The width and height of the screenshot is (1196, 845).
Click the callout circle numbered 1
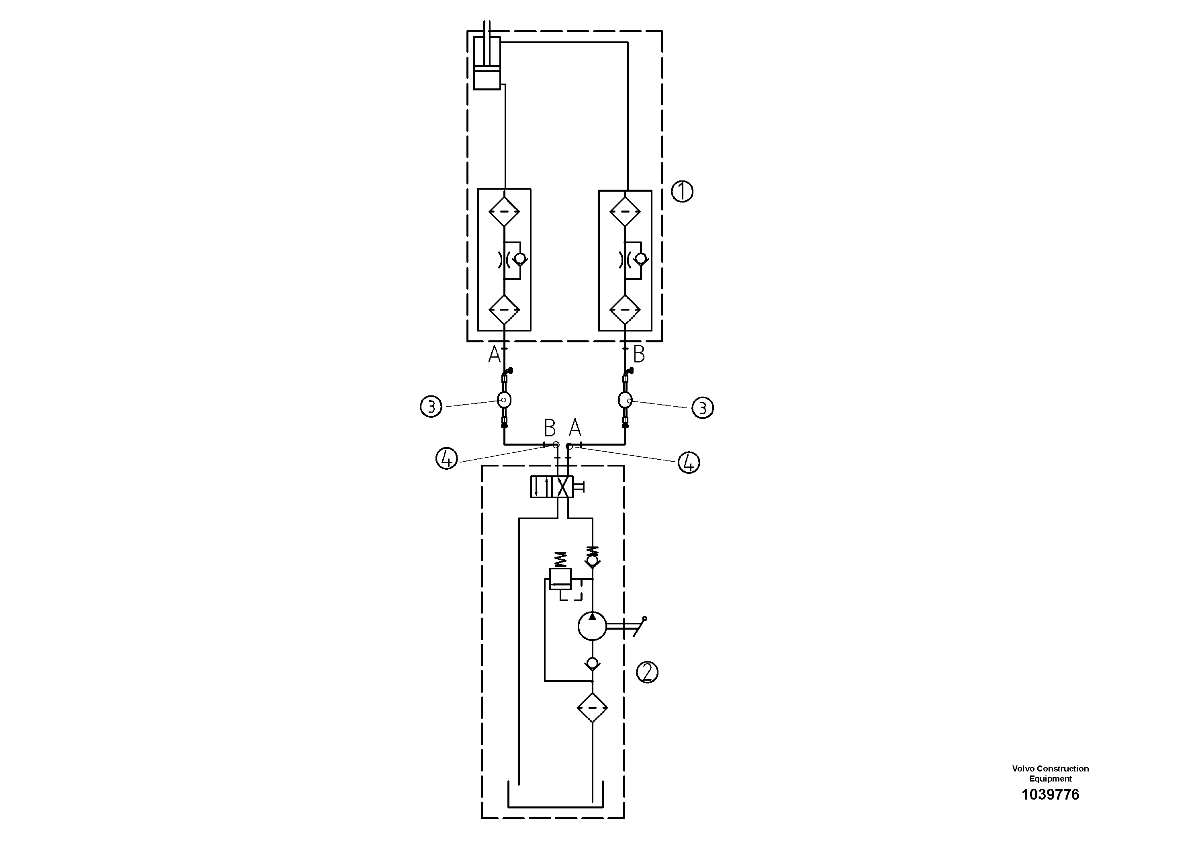(682, 192)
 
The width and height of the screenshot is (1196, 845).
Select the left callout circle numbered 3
(431, 406)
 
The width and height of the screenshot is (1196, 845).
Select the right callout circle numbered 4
(689, 462)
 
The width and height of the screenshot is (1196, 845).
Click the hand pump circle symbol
(592, 626)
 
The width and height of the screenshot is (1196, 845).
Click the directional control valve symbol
(552, 487)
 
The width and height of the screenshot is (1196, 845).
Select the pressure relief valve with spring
(560, 578)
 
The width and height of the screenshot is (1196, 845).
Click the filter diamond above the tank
(592, 708)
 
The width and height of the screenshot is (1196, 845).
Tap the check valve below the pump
(592, 663)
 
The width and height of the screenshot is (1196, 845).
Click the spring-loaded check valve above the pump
(592, 559)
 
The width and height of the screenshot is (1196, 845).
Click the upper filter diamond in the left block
(504, 211)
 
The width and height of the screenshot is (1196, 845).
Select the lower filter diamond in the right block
(625, 309)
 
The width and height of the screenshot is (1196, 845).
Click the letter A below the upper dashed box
(494, 355)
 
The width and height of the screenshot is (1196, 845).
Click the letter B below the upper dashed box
(639, 355)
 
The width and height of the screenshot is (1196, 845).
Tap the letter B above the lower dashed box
(550, 428)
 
